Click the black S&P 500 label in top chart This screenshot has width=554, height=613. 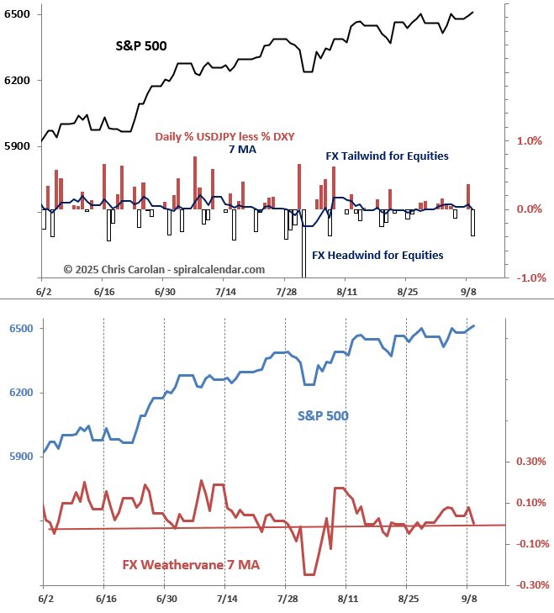(x=141, y=45)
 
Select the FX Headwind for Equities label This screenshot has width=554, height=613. (x=377, y=255)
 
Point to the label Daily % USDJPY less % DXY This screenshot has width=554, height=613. (x=224, y=136)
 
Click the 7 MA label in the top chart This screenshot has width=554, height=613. (x=242, y=150)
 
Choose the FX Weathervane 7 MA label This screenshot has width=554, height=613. (x=191, y=565)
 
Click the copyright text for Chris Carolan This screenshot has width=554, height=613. (x=164, y=269)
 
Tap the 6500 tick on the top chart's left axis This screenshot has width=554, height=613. (x=17, y=15)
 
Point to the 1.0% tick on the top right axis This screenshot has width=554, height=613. (x=529, y=141)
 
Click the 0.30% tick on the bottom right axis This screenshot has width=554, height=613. (x=530, y=461)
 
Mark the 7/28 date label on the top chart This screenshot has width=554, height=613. (x=288, y=291)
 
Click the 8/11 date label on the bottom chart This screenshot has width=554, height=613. (x=347, y=599)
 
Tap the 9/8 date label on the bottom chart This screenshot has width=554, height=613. (x=470, y=599)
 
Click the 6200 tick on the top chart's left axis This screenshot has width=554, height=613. (x=17, y=81)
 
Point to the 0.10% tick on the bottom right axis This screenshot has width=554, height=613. (x=530, y=502)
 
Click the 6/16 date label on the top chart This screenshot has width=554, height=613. (x=104, y=291)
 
